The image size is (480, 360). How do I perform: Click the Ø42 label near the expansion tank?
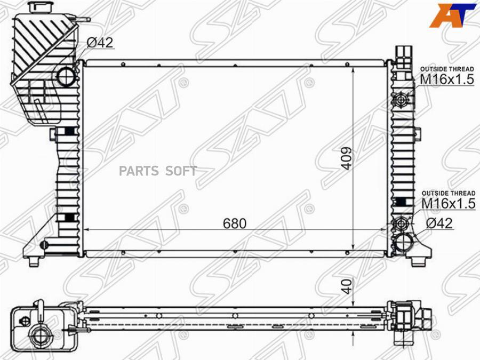100,43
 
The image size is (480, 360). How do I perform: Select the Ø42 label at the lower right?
438,223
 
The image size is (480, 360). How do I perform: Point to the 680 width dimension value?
235,223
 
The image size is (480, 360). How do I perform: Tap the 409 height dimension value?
347,158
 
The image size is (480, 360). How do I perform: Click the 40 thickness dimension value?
347,287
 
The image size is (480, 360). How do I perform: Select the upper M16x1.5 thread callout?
447,79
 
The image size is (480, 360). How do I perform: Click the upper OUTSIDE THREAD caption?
447,69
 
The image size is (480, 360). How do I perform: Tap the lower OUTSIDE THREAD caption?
448,193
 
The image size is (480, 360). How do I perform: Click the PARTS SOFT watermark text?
158,171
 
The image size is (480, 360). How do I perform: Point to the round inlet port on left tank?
68,77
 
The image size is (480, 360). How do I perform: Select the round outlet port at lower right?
404,243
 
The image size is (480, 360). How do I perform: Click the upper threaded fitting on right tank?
401,100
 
